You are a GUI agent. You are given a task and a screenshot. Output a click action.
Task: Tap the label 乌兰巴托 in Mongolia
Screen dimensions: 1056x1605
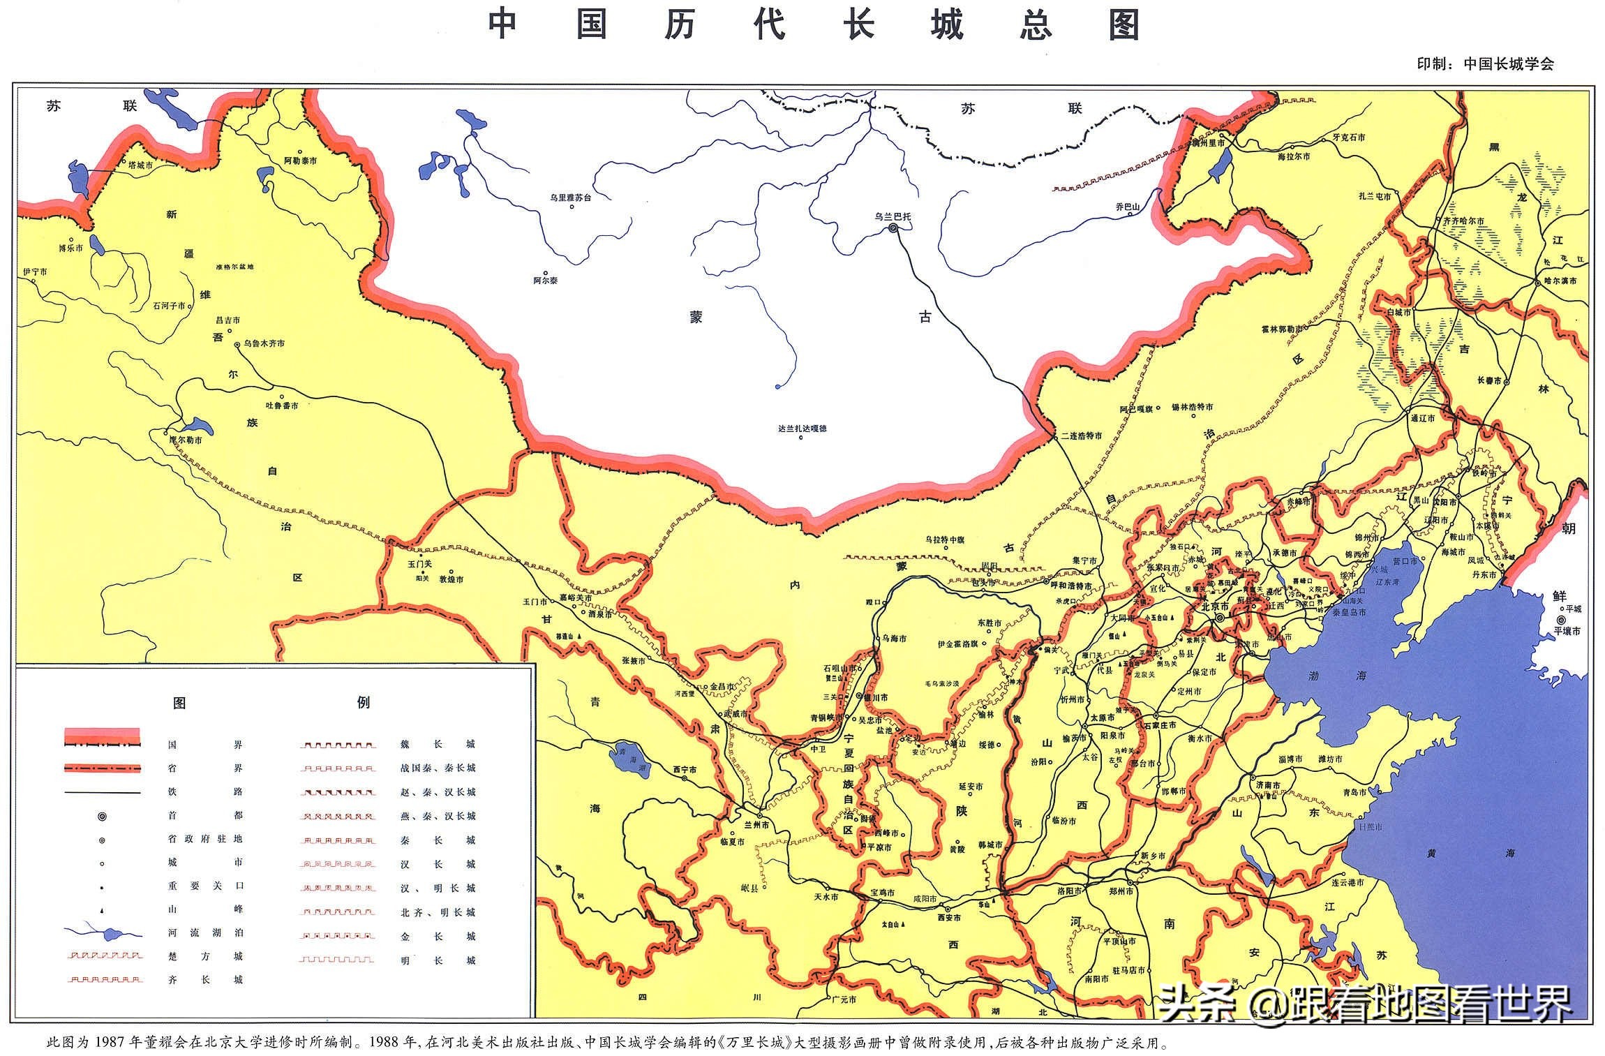893,216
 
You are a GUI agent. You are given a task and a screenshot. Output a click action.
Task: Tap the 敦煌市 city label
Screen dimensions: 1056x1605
451,579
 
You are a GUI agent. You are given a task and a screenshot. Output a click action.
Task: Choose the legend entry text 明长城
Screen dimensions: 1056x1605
438,960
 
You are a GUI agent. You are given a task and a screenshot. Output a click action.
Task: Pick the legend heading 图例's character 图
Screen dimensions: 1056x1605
179,703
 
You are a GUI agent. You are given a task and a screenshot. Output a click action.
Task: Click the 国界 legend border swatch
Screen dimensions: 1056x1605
102,736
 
